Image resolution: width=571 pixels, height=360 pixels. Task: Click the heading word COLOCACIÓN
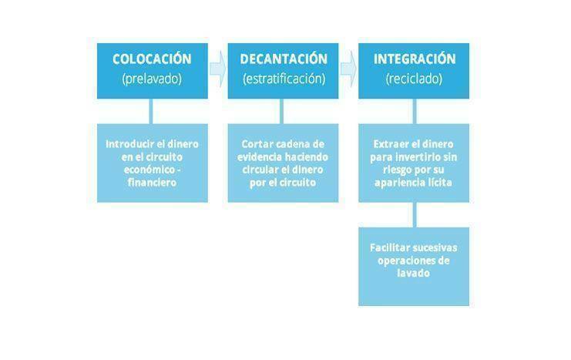[x=152, y=59]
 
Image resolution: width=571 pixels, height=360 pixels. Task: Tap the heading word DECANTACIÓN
[x=284, y=59]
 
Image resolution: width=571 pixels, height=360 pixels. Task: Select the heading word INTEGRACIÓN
[x=415, y=59]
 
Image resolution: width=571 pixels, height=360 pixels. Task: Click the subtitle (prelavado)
[x=152, y=79]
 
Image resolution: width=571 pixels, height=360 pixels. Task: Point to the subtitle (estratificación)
[x=284, y=79]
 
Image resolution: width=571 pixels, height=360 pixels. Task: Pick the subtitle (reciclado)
[x=414, y=79]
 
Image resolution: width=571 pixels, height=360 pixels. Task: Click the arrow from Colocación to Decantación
[x=218, y=69]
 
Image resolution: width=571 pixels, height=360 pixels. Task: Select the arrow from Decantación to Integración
[x=348, y=69]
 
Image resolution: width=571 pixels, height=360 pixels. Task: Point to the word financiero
[x=152, y=183]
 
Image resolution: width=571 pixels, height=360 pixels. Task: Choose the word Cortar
[x=256, y=144]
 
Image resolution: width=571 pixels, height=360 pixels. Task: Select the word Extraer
[x=389, y=144]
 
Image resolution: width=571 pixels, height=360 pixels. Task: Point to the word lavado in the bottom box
[x=414, y=274]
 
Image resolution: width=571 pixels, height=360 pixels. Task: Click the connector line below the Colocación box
[x=151, y=111]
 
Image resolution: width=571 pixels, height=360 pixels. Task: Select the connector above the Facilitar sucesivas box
[x=415, y=215]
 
